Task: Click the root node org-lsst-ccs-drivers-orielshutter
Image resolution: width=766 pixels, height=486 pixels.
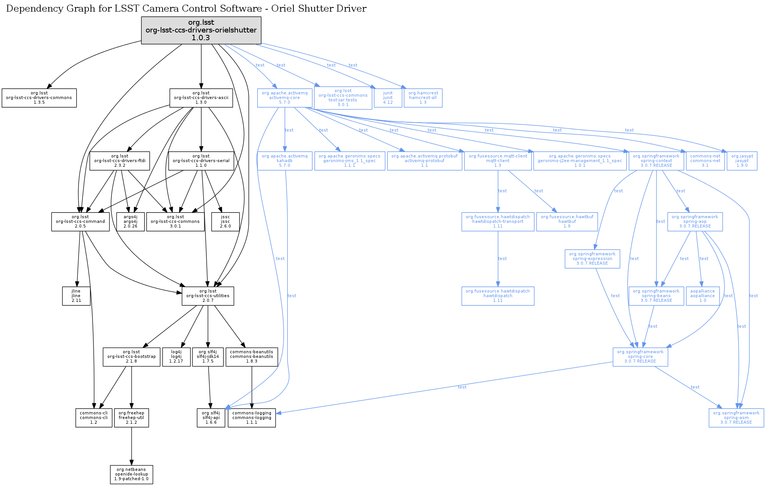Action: (201, 30)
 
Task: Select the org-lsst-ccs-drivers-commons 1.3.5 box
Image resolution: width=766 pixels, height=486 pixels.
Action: (39, 98)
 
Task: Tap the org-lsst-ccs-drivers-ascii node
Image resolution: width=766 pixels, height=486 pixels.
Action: (201, 98)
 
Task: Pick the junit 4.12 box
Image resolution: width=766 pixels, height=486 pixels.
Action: (388, 98)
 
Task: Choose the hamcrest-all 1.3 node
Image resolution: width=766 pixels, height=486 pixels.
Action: (423, 98)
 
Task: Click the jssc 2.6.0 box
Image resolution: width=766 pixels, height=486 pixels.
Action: (225, 222)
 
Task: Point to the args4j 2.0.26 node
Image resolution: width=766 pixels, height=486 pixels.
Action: (130, 222)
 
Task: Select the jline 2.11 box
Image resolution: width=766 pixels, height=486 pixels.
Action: (76, 296)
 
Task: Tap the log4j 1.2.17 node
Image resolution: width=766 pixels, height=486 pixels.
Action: (176, 357)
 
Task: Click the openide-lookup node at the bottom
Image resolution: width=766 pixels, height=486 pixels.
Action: (132, 474)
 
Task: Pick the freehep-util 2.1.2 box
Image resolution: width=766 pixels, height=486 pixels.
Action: (132, 418)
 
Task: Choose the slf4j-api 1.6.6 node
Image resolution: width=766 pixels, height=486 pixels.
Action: (211, 418)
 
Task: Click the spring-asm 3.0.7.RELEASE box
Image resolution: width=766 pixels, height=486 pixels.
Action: (736, 418)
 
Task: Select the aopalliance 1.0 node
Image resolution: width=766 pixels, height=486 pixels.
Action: (703, 296)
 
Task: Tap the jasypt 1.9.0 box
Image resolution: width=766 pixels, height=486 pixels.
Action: (742, 161)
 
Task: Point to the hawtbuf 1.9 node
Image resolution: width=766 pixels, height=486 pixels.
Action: (567, 222)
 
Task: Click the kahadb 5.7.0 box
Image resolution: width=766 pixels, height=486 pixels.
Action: (285, 161)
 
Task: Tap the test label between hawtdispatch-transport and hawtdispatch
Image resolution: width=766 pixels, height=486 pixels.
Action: (502, 258)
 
